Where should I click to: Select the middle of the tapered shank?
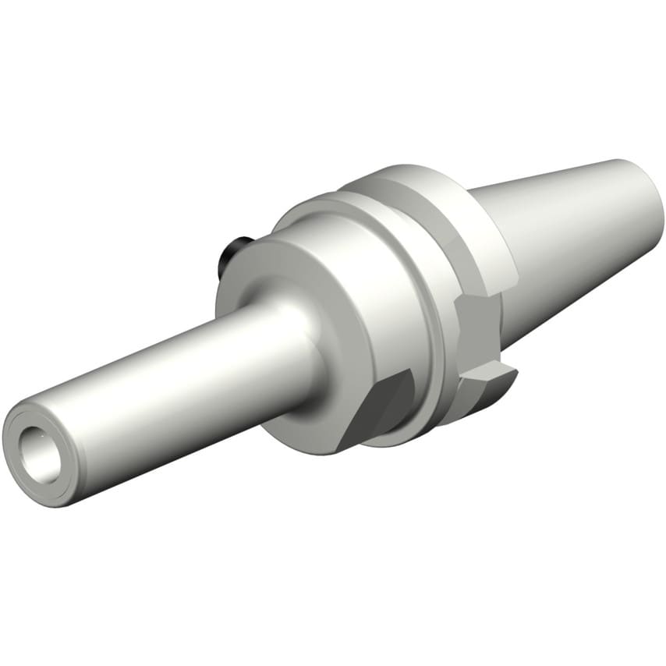point(577,234)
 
